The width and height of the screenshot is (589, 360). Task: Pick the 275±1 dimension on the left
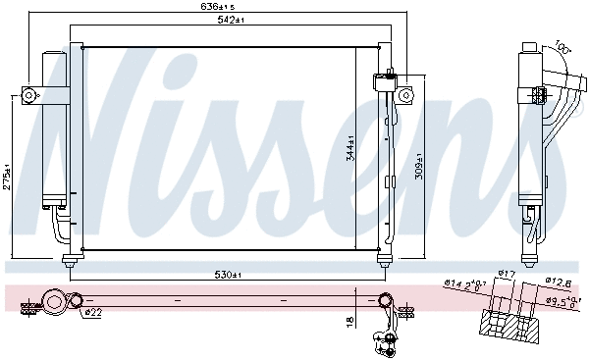pos(8,177)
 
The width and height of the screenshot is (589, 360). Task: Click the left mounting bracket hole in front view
pos(28,95)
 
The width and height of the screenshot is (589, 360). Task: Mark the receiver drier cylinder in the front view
pos(51,128)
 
